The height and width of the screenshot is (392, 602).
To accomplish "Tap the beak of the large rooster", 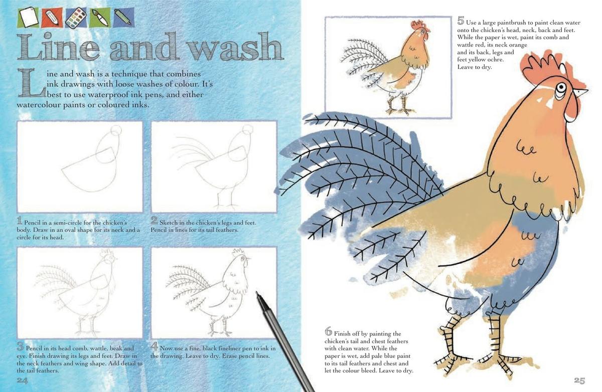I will coord(580,93).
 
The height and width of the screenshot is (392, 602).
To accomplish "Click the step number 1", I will coord(20,221).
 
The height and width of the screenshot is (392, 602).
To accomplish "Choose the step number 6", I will coord(329,331).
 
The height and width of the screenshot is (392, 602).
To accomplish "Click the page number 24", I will coord(22,380).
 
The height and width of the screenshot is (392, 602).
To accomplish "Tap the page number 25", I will coord(579,380).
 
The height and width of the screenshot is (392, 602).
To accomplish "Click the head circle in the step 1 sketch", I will coord(116,131).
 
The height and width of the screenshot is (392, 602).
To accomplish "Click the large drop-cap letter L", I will coord(26,83).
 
